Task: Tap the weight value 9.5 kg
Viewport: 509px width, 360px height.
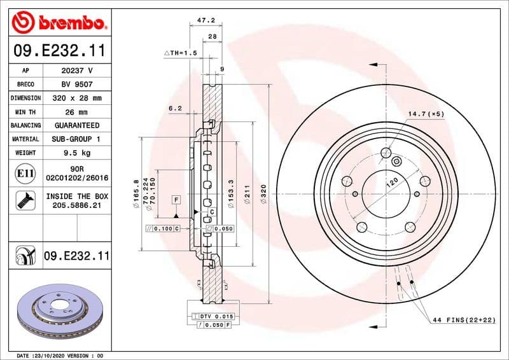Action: pyautogui.click(x=76, y=153)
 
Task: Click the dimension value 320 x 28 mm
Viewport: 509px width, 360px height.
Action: pyautogui.click(x=76, y=98)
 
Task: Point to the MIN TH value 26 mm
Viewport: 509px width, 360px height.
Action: pyautogui.click(x=76, y=112)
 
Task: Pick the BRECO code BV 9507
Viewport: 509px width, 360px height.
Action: pyautogui.click(x=76, y=84)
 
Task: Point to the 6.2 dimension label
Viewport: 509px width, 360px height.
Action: pyautogui.click(x=175, y=109)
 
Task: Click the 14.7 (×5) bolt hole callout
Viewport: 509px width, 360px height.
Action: pyautogui.click(x=426, y=114)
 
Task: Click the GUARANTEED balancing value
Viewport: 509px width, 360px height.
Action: pyautogui.click(x=76, y=125)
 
